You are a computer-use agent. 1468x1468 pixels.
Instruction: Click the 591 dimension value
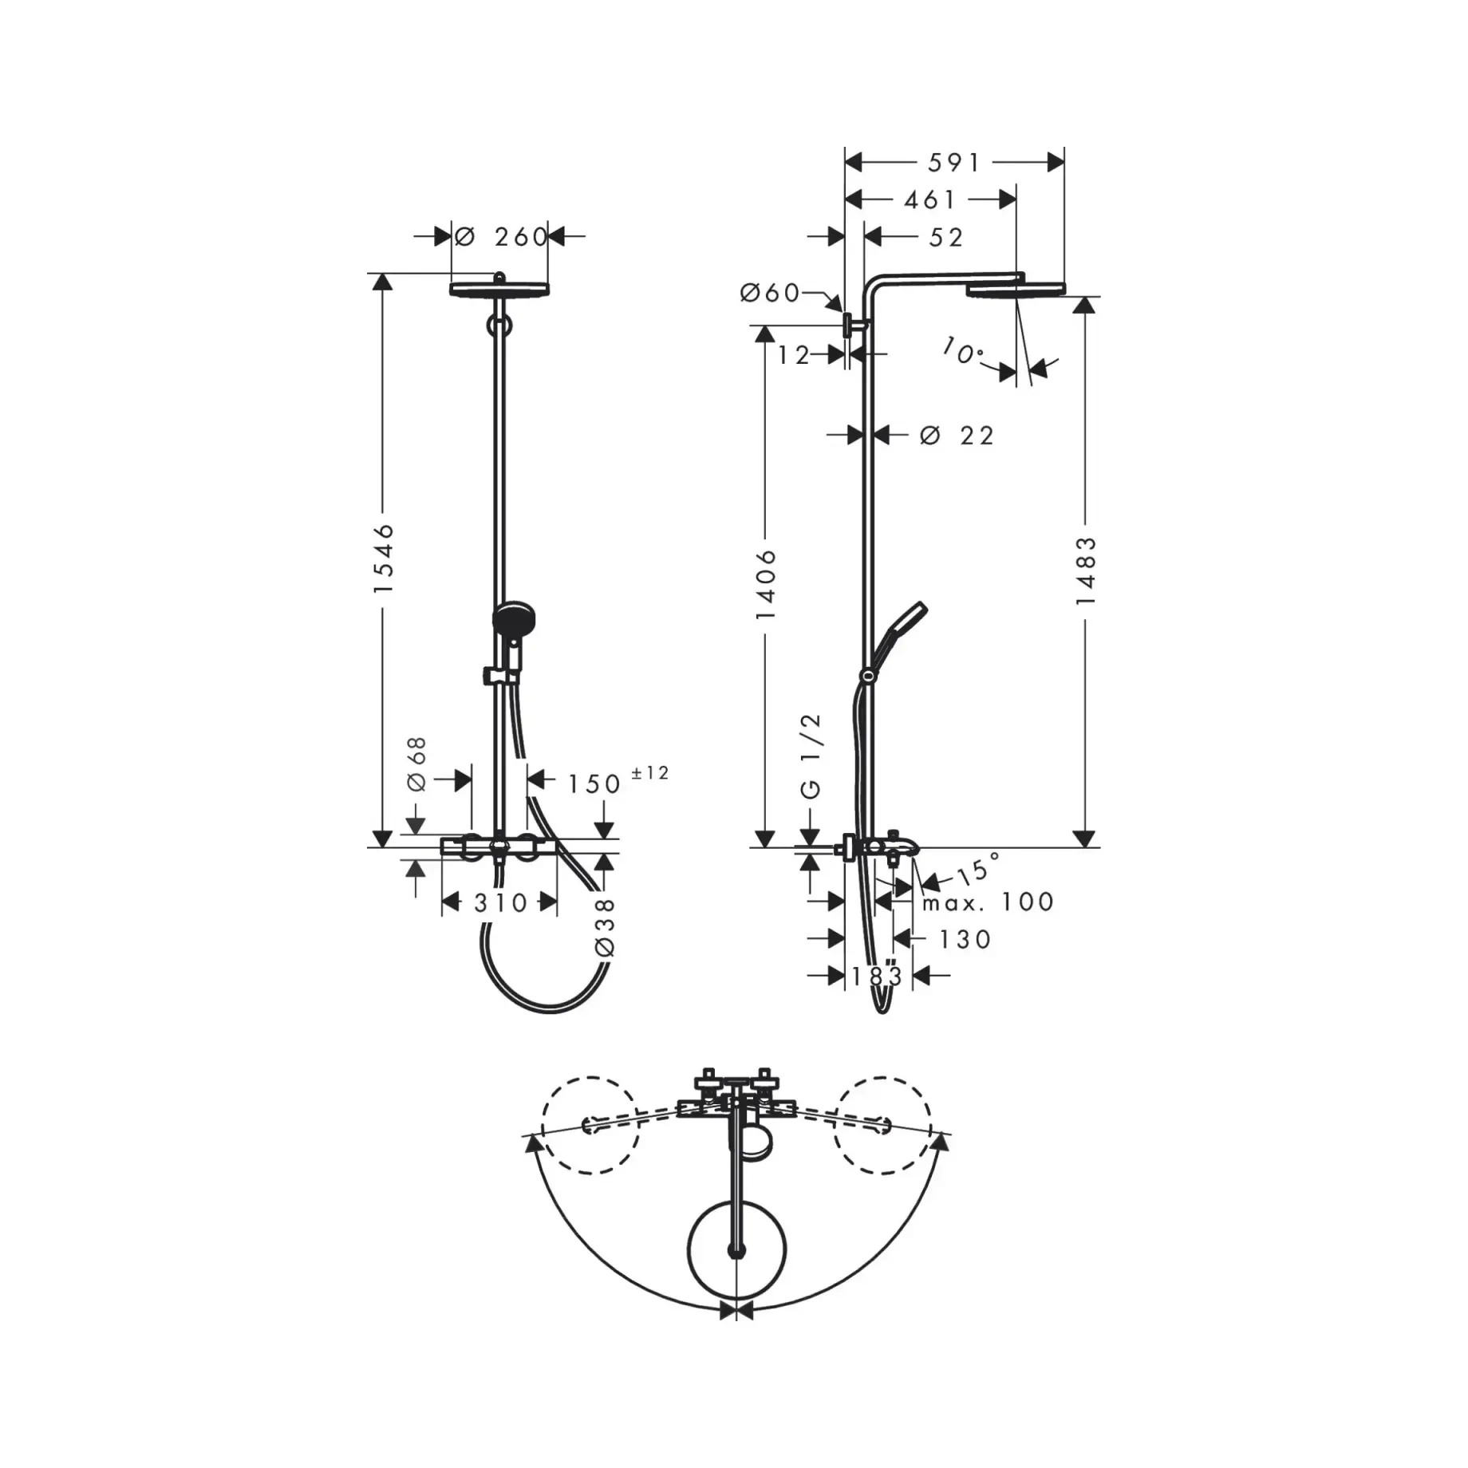[953, 163]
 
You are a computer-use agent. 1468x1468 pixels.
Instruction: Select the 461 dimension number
[929, 199]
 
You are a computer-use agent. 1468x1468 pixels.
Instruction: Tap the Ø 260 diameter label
[501, 236]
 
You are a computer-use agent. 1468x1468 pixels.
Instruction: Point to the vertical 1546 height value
[385, 558]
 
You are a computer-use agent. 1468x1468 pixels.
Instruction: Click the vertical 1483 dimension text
[1086, 570]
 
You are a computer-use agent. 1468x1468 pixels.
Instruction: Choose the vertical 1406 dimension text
[766, 584]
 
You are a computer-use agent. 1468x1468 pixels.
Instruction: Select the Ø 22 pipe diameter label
[957, 436]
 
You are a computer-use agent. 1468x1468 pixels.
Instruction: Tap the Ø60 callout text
[770, 294]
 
